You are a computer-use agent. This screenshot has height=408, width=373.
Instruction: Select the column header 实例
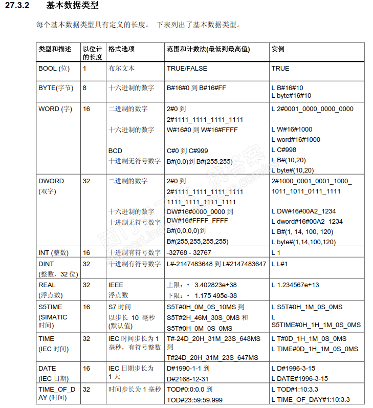[278, 49]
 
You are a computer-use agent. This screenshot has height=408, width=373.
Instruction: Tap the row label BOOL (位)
[54, 68]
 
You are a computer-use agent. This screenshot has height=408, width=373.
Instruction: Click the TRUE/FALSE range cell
[187, 68]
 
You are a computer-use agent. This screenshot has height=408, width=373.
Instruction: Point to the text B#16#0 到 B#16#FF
[196, 88]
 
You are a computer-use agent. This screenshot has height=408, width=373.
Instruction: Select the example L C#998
[283, 150]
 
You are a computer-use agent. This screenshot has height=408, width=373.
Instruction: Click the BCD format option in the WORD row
[115, 151]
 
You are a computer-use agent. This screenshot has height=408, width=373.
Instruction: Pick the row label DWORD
[51, 181]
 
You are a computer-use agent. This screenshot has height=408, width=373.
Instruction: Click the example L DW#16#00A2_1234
[303, 211]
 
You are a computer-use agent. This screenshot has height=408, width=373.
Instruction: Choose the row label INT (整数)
[53, 253]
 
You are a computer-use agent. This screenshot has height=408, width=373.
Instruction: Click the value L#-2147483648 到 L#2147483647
[216, 264]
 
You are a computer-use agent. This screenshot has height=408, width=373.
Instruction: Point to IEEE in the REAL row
[116, 285]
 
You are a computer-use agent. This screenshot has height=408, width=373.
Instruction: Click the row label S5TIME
[50, 307]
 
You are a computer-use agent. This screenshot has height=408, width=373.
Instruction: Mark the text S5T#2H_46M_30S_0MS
[204, 317]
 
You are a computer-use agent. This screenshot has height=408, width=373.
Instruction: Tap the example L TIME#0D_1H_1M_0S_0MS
[315, 349]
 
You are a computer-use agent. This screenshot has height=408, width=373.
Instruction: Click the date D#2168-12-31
[188, 378]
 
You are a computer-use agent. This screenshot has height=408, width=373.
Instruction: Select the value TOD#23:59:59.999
[194, 400]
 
